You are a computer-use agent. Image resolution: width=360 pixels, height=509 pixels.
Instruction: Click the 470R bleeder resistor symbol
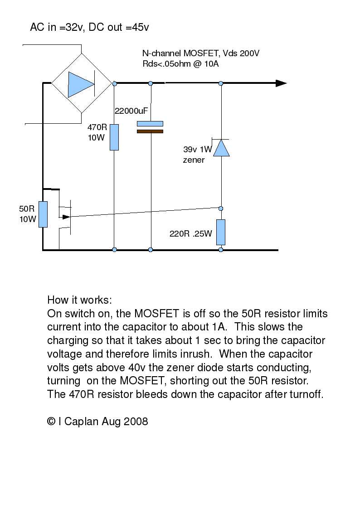click(114, 137)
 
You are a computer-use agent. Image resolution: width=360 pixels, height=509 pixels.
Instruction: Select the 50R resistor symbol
click(43, 214)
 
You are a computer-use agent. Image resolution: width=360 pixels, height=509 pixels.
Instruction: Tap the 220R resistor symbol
click(221, 232)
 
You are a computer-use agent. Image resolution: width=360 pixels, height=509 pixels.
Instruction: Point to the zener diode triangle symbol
click(221, 148)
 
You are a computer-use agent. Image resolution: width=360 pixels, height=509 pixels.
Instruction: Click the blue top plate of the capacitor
click(150, 123)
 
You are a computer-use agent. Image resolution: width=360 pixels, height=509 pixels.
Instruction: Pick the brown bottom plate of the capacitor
click(150, 131)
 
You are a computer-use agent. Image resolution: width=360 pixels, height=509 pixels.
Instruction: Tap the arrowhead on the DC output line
click(281, 83)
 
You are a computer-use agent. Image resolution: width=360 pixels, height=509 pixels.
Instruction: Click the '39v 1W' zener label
click(198, 149)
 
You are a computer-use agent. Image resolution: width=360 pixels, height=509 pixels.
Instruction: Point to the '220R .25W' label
click(190, 234)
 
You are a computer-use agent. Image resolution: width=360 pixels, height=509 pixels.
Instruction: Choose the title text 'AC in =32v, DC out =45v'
click(89, 28)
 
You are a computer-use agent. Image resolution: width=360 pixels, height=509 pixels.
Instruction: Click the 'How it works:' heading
click(79, 300)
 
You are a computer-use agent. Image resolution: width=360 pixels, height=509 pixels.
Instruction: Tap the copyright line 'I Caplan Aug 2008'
click(97, 421)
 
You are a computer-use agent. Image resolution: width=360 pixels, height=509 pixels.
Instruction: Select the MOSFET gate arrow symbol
click(66, 217)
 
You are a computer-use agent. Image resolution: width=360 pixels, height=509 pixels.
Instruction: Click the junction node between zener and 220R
click(221, 208)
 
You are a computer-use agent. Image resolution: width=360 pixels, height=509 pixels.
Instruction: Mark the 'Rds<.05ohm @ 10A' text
click(180, 64)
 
